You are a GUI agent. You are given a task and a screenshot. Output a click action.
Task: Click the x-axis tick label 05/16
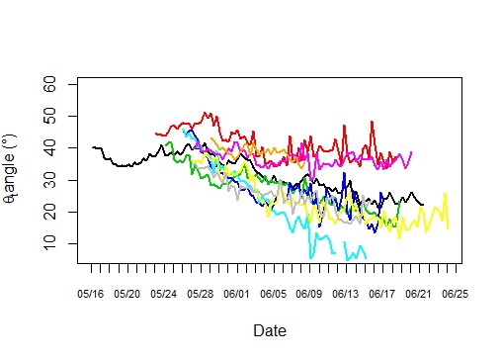coord(91,294)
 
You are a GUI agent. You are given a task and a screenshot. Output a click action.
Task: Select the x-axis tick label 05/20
coord(127,294)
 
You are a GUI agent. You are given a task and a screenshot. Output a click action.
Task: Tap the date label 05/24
coord(164,294)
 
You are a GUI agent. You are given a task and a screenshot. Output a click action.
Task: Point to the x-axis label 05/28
coord(201,294)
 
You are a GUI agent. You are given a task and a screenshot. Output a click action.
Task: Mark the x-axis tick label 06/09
coord(309,294)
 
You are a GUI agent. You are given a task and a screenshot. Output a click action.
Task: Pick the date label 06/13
coord(346,294)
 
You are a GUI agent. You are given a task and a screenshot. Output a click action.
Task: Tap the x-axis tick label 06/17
coord(382,294)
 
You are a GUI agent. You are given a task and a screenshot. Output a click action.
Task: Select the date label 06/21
coord(419,294)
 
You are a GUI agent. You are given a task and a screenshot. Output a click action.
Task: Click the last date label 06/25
coord(456,294)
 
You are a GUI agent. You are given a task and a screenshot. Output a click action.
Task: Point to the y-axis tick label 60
coord(61,85)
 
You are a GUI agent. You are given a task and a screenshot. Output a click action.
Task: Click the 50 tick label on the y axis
coord(61,117)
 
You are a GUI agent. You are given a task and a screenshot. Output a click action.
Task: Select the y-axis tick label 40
coord(61,148)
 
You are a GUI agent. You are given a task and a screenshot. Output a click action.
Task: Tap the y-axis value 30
coord(61,180)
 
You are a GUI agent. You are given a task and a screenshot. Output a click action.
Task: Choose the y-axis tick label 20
coord(61,212)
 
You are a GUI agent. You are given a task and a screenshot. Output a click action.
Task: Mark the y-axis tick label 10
coord(61,243)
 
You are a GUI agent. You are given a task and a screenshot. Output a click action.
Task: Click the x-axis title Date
coord(270,331)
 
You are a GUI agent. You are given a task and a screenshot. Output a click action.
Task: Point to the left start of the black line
coord(92,147)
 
